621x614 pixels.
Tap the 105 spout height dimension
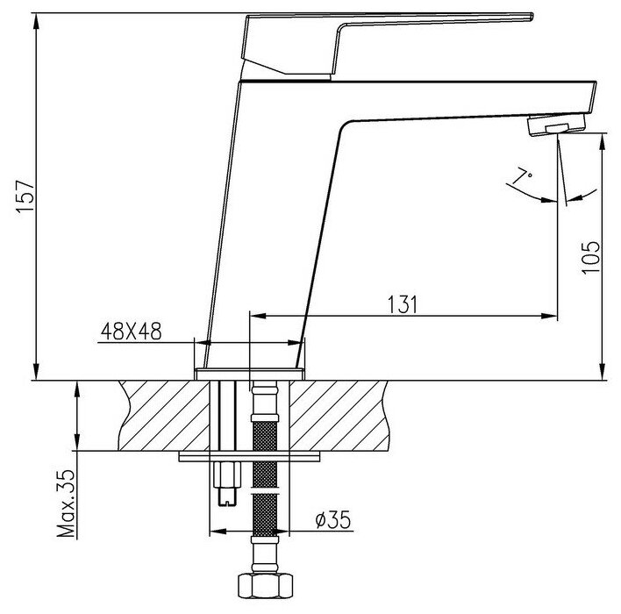[590, 257]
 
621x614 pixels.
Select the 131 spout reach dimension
[402, 304]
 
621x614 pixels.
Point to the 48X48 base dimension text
[131, 332]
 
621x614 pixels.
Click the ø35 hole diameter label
[333, 519]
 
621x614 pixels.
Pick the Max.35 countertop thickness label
[66, 503]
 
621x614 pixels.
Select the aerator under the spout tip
[556, 125]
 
